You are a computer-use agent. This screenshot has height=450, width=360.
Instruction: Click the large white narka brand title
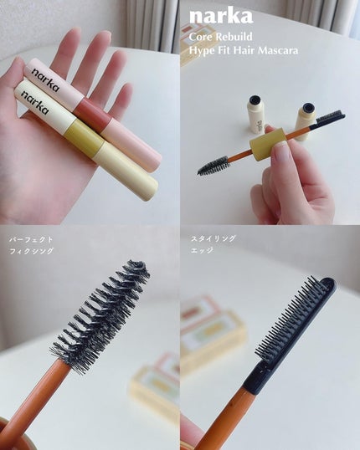(221, 17)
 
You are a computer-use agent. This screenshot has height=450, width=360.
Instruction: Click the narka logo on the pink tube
(46, 79)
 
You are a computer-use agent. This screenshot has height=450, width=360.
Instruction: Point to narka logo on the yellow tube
(35, 102)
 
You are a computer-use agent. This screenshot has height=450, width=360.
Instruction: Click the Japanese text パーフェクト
(31, 239)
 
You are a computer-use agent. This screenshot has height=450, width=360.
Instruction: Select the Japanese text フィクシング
(31, 251)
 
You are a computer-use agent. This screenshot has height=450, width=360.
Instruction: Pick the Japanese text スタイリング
(213, 238)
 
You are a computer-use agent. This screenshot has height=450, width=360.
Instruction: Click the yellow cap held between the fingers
(267, 144)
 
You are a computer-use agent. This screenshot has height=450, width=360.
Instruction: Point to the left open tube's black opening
(255, 100)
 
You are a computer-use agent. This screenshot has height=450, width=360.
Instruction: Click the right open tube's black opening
(308, 107)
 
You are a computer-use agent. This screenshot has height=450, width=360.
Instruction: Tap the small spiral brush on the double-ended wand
(213, 166)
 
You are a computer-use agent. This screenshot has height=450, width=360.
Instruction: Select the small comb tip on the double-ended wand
(331, 117)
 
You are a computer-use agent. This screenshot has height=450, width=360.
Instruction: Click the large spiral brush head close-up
(100, 315)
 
